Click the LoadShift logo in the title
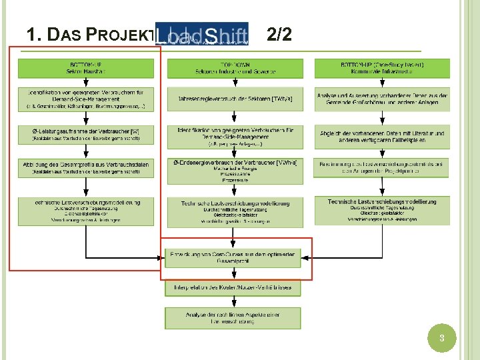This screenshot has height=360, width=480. tap(202, 34)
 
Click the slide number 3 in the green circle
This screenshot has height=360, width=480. tap(441, 339)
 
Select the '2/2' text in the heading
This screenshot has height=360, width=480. tap(279, 35)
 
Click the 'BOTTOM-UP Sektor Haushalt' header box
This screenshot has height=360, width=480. tap(87, 68)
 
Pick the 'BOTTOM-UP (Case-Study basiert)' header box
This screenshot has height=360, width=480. tap(383, 68)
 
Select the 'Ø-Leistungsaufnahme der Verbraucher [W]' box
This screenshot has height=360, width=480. tap(87, 135)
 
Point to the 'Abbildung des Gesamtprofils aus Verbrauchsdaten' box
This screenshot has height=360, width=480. tap(87, 168)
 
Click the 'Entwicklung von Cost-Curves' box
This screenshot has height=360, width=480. tap(233, 257)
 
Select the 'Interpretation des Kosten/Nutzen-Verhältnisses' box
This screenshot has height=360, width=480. tap(233, 288)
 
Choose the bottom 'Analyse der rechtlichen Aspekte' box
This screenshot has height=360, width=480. tap(233, 317)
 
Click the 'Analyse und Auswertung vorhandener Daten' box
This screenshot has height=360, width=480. tap(383, 99)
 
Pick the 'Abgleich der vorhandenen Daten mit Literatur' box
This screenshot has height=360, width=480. tap(383, 136)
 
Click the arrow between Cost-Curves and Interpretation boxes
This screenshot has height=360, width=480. tap(233, 274)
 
